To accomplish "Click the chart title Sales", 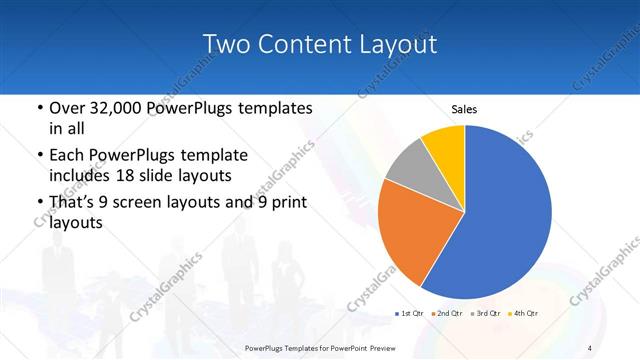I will pos(464,109).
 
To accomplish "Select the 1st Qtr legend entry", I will pos(409,313).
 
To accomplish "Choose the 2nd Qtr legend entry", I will pos(448,313).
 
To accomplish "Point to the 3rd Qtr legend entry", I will pos(487,313).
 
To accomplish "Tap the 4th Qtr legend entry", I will pos(525,313).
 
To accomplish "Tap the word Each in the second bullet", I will pos(66,155).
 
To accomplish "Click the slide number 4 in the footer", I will pos(590,347).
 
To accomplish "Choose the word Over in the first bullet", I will pos(66,108).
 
